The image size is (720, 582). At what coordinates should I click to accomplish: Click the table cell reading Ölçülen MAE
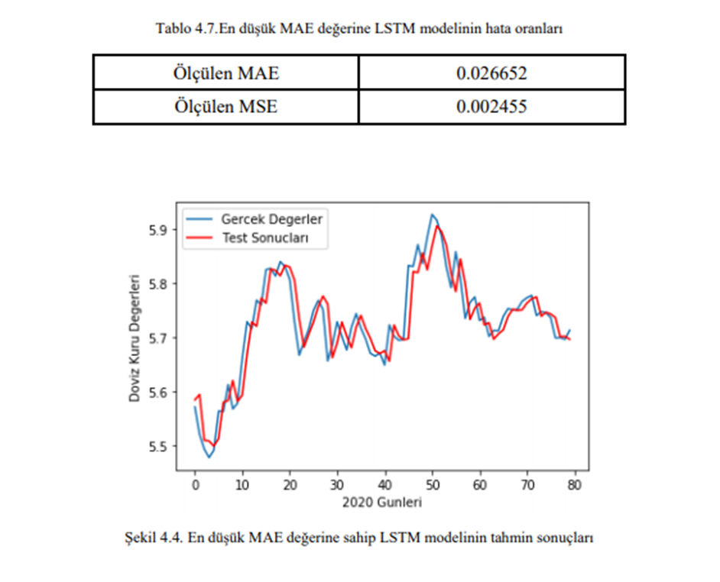(225, 74)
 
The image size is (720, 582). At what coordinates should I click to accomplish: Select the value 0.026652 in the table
(492, 74)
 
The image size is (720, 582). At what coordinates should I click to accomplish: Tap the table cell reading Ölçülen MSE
(225, 108)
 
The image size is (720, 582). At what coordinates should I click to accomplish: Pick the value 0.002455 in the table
(492, 108)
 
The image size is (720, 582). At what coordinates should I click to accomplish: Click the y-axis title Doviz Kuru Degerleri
(135, 338)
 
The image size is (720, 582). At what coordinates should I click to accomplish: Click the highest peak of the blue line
(432, 215)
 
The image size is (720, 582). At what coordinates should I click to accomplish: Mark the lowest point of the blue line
(209, 457)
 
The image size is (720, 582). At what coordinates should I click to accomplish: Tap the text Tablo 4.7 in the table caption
(181, 28)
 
